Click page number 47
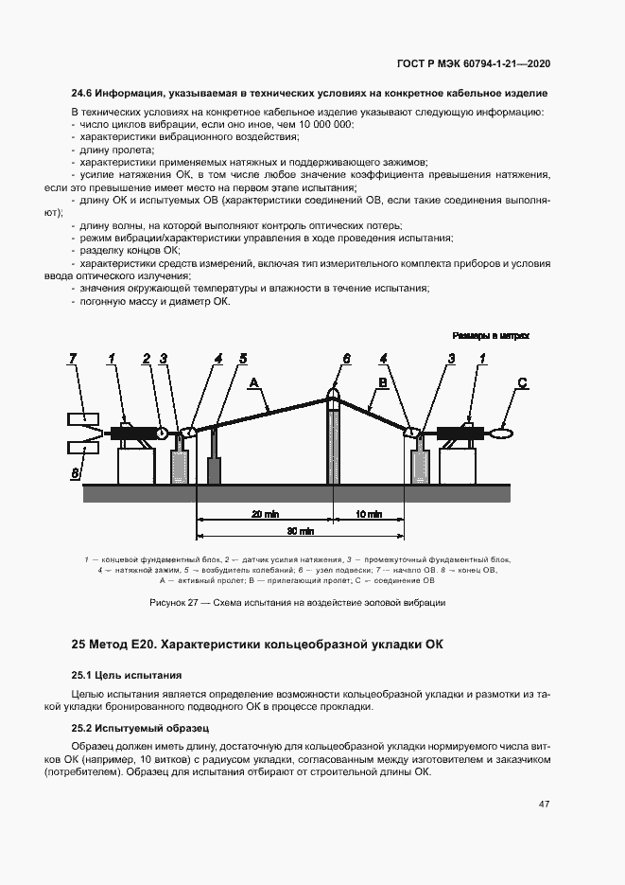544,805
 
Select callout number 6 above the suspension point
346,359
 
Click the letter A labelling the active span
253,382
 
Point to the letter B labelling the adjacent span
383,382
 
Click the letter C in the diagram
522,382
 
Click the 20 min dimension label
265,514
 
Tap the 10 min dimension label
369,514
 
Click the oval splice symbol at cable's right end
502,433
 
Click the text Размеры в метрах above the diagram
491,335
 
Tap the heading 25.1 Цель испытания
126,675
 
